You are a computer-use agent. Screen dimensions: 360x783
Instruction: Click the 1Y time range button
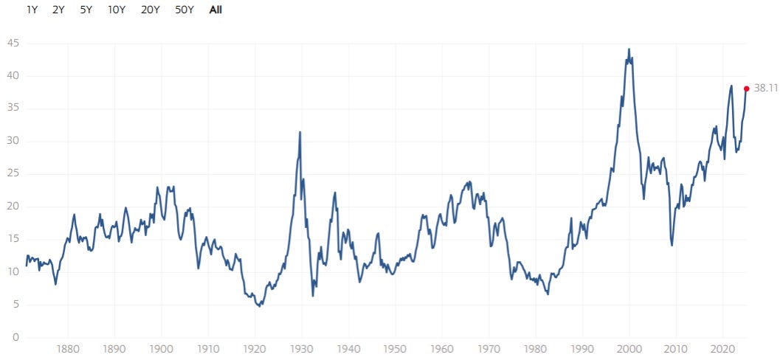tap(32, 10)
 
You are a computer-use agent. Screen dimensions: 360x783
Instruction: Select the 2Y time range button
tap(59, 10)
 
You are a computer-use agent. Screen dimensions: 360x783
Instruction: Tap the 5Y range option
tap(86, 10)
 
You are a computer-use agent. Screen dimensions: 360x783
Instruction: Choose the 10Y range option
tap(116, 10)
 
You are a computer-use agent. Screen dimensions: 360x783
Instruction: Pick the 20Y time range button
tap(151, 10)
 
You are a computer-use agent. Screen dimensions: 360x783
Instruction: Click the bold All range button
tap(215, 10)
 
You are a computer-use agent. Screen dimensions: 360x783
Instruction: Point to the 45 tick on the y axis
tap(13, 44)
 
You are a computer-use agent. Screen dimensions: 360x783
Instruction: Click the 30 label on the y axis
tap(13, 141)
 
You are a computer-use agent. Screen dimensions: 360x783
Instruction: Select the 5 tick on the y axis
tap(16, 305)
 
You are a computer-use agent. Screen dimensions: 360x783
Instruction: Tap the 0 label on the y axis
tap(16, 337)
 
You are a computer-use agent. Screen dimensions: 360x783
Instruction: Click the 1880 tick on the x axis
tap(68, 348)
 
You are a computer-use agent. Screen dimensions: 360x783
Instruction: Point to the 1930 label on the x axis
tap(302, 348)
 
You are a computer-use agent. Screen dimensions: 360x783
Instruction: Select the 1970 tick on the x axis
tap(489, 348)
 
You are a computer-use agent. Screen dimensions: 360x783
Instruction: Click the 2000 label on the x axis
tap(629, 348)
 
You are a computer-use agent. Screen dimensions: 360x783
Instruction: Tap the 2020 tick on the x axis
tap(722, 348)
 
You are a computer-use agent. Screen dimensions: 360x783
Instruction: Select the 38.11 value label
tap(766, 89)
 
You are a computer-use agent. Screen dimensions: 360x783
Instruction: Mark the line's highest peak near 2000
tap(629, 49)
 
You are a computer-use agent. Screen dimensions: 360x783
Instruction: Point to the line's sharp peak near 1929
tap(300, 132)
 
